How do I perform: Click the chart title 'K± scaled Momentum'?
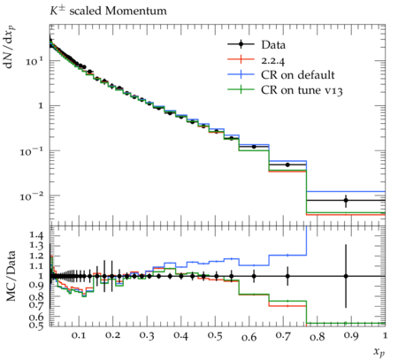tap(108, 11)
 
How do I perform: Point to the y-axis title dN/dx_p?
tap(10, 47)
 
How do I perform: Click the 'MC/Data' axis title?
tap(11, 276)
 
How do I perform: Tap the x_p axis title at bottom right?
tap(379, 351)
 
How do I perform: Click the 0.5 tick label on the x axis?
tap(215, 335)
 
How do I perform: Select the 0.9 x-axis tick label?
tap(351, 335)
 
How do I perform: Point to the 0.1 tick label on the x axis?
tap(79, 335)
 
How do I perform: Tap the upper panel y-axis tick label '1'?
tap(42, 105)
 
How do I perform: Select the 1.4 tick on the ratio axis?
tap(37, 235)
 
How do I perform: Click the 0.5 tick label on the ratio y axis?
tap(37, 325)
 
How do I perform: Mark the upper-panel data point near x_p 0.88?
tap(346, 201)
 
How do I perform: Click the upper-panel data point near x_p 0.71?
tap(287, 165)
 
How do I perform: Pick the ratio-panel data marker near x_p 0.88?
tap(346, 276)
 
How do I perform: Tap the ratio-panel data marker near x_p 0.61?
tap(254, 276)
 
